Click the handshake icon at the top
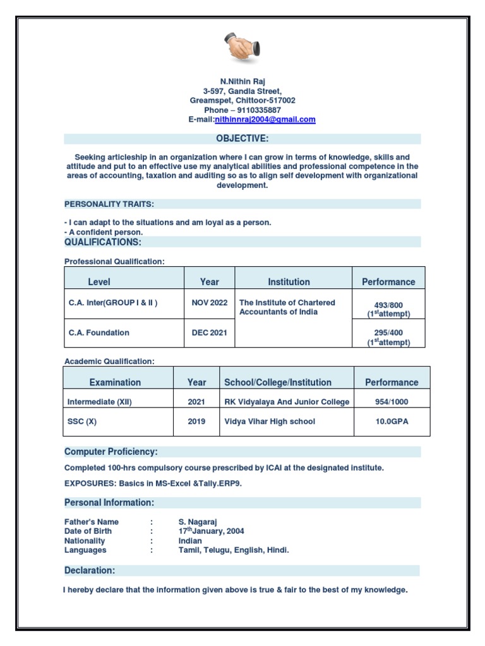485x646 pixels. [x=242, y=48]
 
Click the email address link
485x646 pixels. [x=265, y=119]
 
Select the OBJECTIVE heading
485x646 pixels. [x=242, y=139]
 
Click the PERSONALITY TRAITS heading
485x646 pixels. [x=109, y=204]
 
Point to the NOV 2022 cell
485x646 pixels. [x=209, y=303]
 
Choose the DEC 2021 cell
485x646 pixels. [x=209, y=332]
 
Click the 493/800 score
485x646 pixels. [x=388, y=305]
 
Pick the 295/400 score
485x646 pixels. [x=388, y=333]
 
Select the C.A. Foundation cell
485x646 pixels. [x=99, y=332]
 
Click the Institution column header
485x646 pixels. [x=289, y=282]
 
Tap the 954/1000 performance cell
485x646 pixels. [x=391, y=402]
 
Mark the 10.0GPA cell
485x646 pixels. [x=391, y=421]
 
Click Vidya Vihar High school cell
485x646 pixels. [x=270, y=421]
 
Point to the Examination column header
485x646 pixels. [x=115, y=382]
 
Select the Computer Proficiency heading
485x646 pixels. [x=111, y=452]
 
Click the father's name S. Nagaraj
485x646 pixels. [x=198, y=522]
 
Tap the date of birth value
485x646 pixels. [x=211, y=531]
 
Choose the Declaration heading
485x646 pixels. [x=90, y=570]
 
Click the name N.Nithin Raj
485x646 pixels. [x=242, y=81]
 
